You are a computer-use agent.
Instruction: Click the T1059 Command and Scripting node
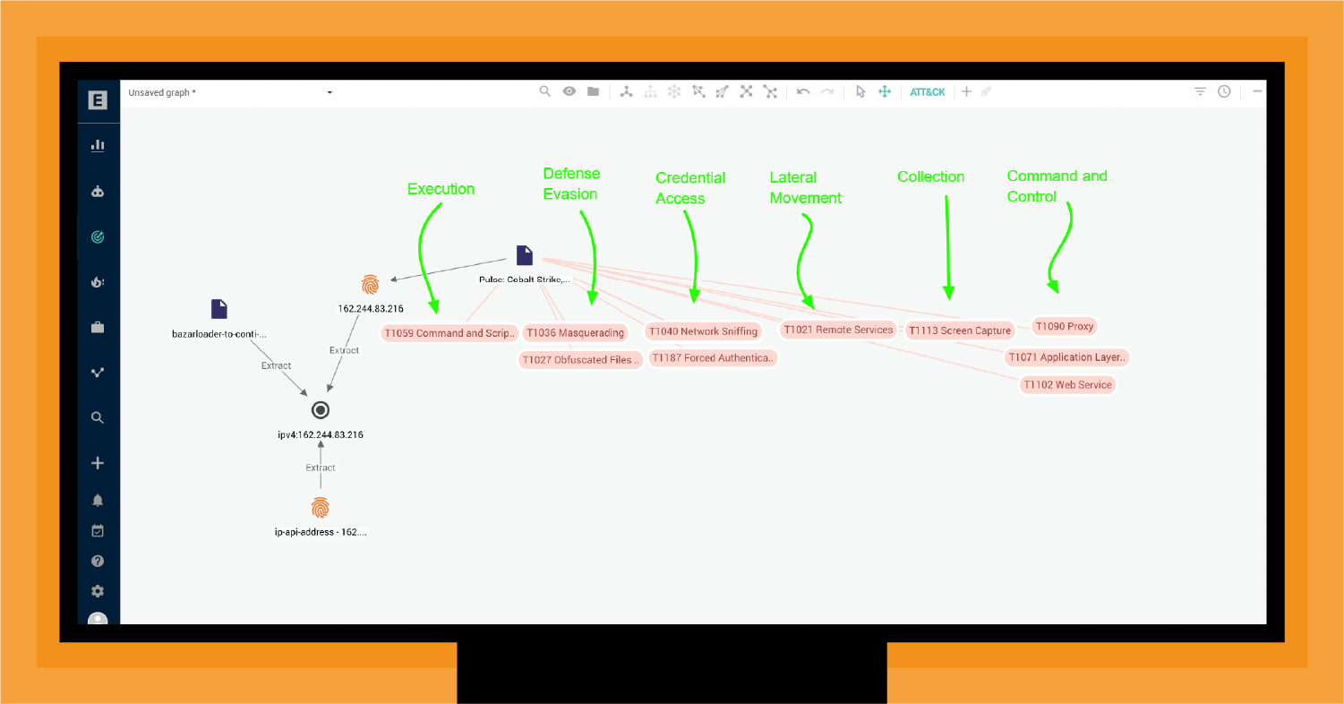449,333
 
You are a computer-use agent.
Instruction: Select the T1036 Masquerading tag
575,332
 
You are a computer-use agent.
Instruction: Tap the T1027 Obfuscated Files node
580,360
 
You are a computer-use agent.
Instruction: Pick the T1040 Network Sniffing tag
703,331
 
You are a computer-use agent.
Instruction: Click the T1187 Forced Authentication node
712,358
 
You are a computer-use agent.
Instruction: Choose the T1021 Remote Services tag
838,330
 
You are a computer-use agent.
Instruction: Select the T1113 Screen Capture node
959,331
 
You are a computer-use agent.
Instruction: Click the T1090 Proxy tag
1065,327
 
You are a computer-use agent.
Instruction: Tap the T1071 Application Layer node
1066,357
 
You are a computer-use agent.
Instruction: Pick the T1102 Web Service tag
1068,385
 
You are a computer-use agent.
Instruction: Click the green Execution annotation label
441,189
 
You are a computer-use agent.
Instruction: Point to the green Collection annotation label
930,177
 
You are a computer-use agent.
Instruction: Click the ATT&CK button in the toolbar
927,92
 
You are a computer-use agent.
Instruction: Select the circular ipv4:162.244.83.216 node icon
321,410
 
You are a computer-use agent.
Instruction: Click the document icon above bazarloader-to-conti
219,309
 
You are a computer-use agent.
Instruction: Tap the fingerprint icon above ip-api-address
321,508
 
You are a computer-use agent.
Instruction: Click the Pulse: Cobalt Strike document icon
525,255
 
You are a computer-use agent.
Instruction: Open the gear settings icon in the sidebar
98,591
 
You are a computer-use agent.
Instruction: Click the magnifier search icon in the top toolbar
544,91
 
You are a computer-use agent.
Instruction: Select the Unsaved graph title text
162,93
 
